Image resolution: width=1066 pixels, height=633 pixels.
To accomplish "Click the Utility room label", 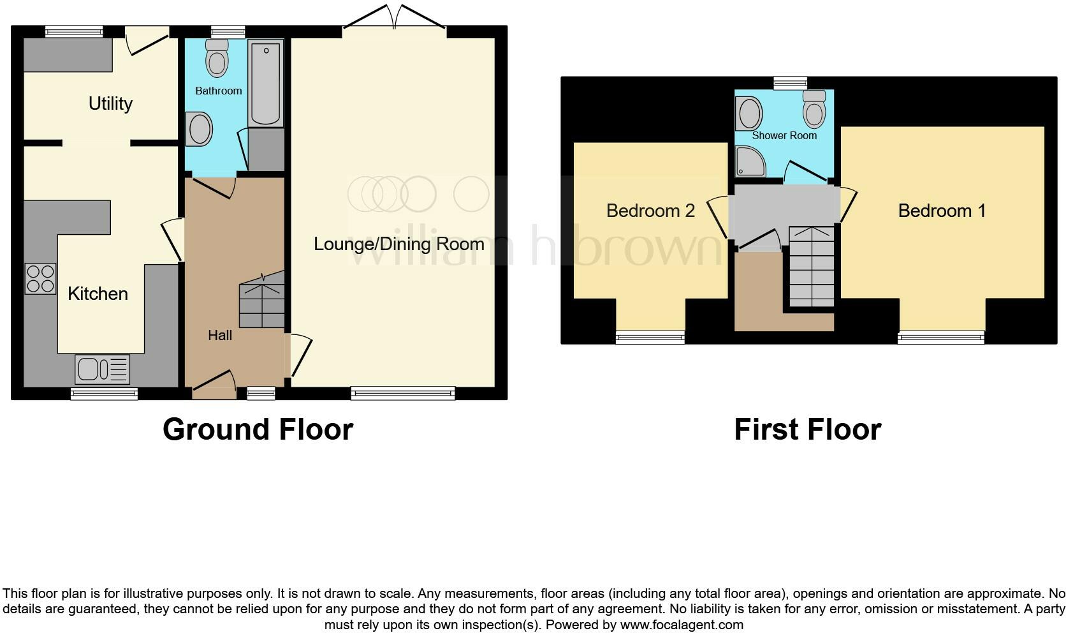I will (110, 103).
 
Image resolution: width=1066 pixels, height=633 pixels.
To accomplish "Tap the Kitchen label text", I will (98, 294).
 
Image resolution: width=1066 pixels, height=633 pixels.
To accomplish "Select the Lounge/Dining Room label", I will (398, 244).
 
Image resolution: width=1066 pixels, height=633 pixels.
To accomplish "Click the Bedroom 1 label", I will (942, 211).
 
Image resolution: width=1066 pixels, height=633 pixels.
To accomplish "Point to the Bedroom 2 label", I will (650, 211).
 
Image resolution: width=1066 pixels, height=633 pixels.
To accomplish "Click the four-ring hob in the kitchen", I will (40, 279).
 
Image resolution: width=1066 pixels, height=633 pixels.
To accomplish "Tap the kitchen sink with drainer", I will (102, 369).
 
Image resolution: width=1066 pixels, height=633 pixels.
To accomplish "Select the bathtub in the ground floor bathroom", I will (265, 83).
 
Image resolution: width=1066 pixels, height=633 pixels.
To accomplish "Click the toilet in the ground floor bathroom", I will (217, 59).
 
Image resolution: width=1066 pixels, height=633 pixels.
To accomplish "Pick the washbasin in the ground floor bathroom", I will (199, 129).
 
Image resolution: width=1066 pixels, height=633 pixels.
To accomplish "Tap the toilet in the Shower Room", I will (814, 109).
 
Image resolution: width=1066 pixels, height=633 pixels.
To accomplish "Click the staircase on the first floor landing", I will (812, 267).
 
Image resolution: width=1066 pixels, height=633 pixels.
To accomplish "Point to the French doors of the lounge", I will (394, 18).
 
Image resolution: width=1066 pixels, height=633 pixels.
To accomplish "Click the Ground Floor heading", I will (258, 429).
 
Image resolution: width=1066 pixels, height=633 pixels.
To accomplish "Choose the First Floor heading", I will (807, 429).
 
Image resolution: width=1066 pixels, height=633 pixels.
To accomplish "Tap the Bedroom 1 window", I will (940, 337).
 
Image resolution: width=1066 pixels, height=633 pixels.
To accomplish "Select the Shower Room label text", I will (784, 135).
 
